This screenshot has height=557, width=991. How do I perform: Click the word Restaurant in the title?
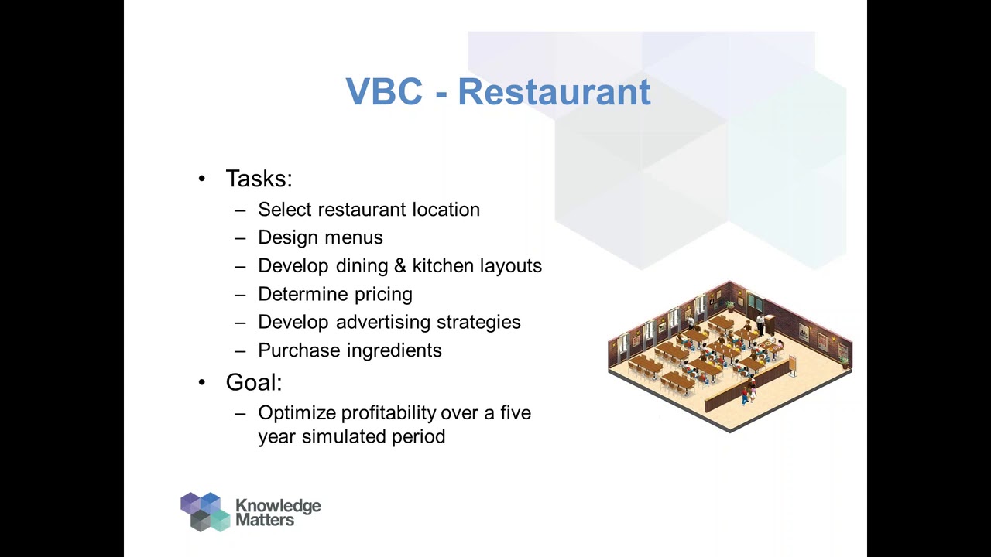(554, 92)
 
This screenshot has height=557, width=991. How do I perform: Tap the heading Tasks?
(259, 179)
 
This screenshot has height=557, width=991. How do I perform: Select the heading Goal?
(254, 382)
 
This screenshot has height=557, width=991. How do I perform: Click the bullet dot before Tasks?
(202, 179)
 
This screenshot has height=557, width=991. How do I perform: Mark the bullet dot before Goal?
(202, 382)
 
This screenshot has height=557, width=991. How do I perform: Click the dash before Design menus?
(240, 238)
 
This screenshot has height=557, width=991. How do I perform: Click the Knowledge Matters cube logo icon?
(205, 511)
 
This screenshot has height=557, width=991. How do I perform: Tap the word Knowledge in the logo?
(278, 506)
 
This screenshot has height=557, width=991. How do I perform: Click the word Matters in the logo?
(265, 521)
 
